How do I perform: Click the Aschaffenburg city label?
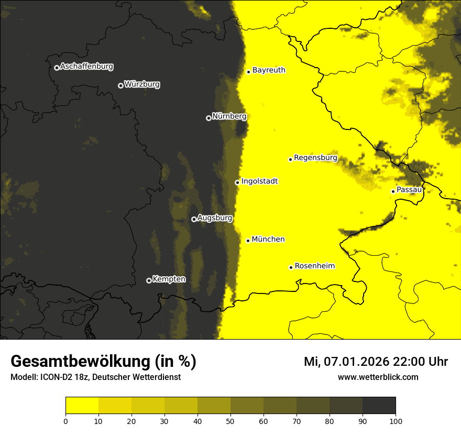pyautogui.click(x=86, y=67)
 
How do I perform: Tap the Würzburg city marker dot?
pyautogui.click(x=120, y=85)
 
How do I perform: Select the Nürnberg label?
pyautogui.click(x=229, y=116)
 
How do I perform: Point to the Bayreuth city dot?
pyautogui.click(x=248, y=72)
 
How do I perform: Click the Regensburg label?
pyautogui.click(x=315, y=157)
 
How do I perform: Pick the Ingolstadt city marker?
pyautogui.click(x=237, y=183)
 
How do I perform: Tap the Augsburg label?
pyautogui.click(x=215, y=217)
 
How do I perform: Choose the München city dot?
pyautogui.click(x=248, y=241)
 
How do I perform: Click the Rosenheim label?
pyautogui.click(x=314, y=266)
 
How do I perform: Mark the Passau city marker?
pyautogui.click(x=393, y=191)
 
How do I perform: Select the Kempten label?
pyautogui.click(x=169, y=279)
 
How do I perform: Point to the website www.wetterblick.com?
pyautogui.click(x=378, y=377)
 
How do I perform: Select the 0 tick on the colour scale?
pyautogui.click(x=65, y=421)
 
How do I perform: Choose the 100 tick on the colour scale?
pyautogui.click(x=396, y=421)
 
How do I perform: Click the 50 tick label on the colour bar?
pyautogui.click(x=230, y=421)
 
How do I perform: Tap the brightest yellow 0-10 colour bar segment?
pyautogui.click(x=82, y=406)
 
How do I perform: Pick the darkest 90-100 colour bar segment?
pyautogui.click(x=379, y=406)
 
